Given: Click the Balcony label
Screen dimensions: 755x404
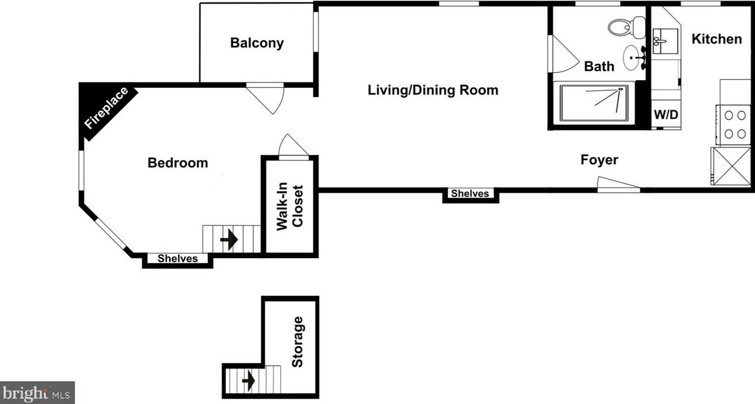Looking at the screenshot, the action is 257,43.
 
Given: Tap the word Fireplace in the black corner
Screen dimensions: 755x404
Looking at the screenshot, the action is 106,108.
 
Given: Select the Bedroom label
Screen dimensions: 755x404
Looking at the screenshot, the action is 177,163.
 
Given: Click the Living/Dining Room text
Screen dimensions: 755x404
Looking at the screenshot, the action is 433,90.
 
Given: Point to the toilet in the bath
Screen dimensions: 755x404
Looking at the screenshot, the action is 626,26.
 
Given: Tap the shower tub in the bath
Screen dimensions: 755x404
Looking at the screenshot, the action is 594,103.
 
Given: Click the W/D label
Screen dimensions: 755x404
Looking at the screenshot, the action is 666,115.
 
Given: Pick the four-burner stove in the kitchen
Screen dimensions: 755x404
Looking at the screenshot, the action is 733,125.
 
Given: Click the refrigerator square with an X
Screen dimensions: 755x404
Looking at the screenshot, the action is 731,166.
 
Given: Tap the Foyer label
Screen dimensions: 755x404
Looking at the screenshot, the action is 599,160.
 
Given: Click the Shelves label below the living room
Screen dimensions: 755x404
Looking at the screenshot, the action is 470,193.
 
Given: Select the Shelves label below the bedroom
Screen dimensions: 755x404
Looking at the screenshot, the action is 177,258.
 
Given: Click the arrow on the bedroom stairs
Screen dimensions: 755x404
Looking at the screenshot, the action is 229,240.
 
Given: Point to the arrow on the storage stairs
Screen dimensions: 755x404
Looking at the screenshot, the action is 248,381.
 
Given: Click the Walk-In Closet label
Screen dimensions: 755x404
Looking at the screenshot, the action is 290,207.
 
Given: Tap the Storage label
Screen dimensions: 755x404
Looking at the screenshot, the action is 298,342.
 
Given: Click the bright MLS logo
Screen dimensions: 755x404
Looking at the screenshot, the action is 37,393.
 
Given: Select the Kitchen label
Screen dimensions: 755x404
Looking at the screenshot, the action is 717,39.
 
